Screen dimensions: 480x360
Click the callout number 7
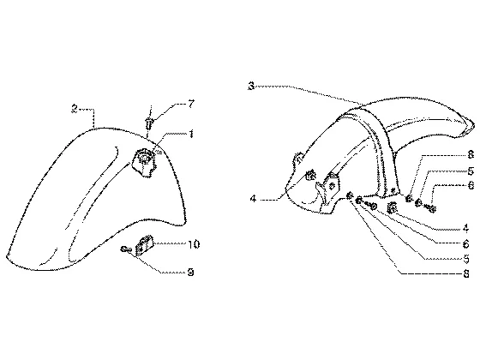(191, 104)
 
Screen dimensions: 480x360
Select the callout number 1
(190, 134)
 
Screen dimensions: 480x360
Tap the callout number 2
(75, 109)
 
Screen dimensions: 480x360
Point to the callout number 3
(251, 86)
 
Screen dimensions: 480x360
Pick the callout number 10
(194, 244)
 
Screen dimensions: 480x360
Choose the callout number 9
(190, 272)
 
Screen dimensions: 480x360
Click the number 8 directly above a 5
(471, 154)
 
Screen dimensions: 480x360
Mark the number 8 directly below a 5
(466, 273)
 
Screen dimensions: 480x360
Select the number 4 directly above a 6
(465, 228)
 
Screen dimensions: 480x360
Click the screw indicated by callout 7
(149, 123)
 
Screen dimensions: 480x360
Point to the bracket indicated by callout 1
(143, 162)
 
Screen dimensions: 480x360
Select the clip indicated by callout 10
(144, 244)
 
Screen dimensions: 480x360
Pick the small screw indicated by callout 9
(126, 249)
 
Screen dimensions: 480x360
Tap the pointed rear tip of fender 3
(474, 124)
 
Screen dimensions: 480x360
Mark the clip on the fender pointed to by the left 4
(310, 175)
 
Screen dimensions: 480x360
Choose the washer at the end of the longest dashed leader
(350, 195)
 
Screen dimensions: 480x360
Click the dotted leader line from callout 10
(170, 243)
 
